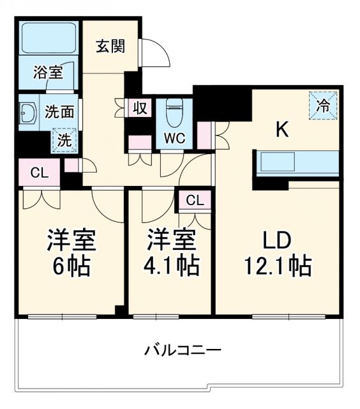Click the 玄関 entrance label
[110, 47]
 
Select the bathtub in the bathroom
[48, 38]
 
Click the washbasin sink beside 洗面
[29, 114]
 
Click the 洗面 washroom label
[60, 112]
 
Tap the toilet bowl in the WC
[172, 113]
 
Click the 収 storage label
[140, 108]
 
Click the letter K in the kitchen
[282, 130]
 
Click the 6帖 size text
[71, 264]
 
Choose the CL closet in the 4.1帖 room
[195, 201]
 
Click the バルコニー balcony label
[182, 350]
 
